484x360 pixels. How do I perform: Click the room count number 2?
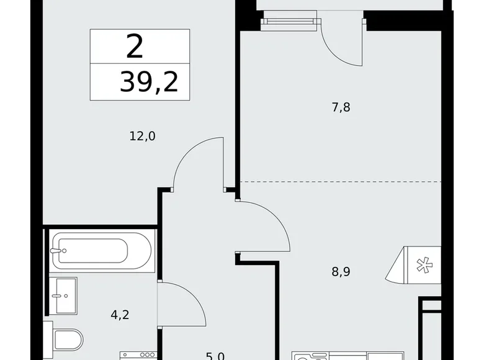pyautogui.click(x=135, y=46)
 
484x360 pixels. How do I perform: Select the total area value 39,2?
pyautogui.click(x=149, y=81)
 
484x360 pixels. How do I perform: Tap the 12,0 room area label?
pyautogui.click(x=142, y=135)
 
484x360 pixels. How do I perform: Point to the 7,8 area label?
pyautogui.click(x=341, y=107)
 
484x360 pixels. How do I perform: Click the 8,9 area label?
pyautogui.click(x=341, y=271)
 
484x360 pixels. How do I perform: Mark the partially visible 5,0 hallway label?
pyautogui.click(x=215, y=356)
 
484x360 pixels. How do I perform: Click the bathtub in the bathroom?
pyautogui.click(x=101, y=251)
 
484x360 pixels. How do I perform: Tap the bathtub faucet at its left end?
pyautogui.click(x=58, y=251)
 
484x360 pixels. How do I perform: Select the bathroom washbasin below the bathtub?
pyautogui.click(x=63, y=295)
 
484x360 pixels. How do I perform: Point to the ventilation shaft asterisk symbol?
pyautogui.click(x=423, y=266)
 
